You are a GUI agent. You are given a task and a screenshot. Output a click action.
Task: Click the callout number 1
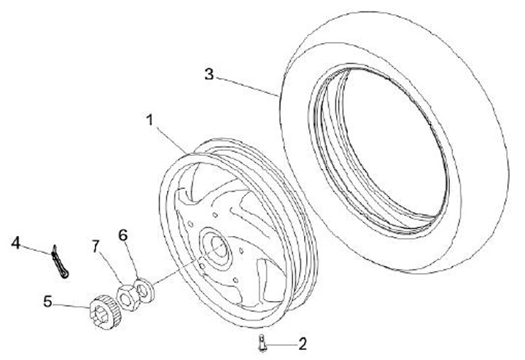(x=150, y=119)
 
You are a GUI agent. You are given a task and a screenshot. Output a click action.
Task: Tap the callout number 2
(x=301, y=341)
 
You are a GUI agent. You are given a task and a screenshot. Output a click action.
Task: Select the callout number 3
(x=209, y=73)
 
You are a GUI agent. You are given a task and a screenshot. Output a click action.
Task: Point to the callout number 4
(x=15, y=243)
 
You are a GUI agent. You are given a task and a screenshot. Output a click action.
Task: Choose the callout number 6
(x=122, y=235)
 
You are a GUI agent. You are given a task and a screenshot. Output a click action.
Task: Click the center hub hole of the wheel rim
(x=216, y=246)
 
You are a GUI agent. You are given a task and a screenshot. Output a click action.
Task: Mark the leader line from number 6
(x=132, y=259)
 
